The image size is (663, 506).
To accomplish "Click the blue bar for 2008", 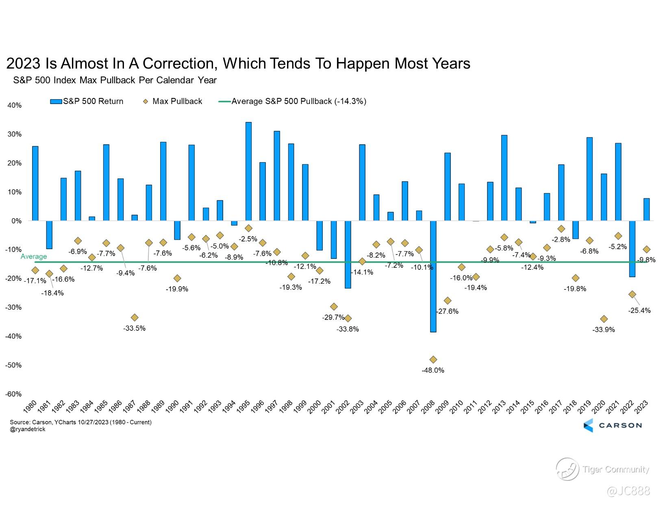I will click(x=433, y=276).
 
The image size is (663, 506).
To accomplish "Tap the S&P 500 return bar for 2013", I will click(x=504, y=178).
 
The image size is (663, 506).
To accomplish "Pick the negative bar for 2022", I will click(x=632, y=249).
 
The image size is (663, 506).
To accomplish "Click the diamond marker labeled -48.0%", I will click(x=433, y=360).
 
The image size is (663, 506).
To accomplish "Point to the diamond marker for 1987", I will click(x=135, y=317).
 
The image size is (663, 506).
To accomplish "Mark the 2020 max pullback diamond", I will click(x=604, y=319).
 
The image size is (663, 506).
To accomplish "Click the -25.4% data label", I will click(x=639, y=311).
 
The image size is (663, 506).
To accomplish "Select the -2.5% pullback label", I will click(x=248, y=239).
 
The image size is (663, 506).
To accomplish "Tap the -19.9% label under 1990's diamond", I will click(x=177, y=289).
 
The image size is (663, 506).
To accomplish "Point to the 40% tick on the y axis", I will click(x=15, y=106).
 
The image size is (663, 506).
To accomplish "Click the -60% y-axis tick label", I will click(x=13, y=394).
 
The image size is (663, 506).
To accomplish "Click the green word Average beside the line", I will click(x=34, y=256).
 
